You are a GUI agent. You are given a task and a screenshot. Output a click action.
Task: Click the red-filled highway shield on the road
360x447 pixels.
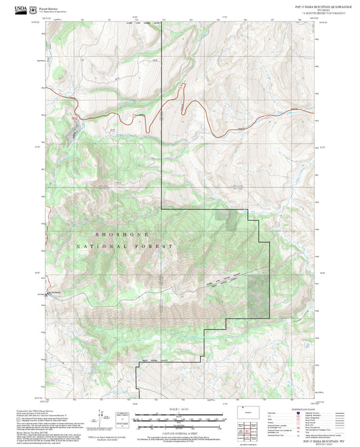[x=74, y=120]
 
